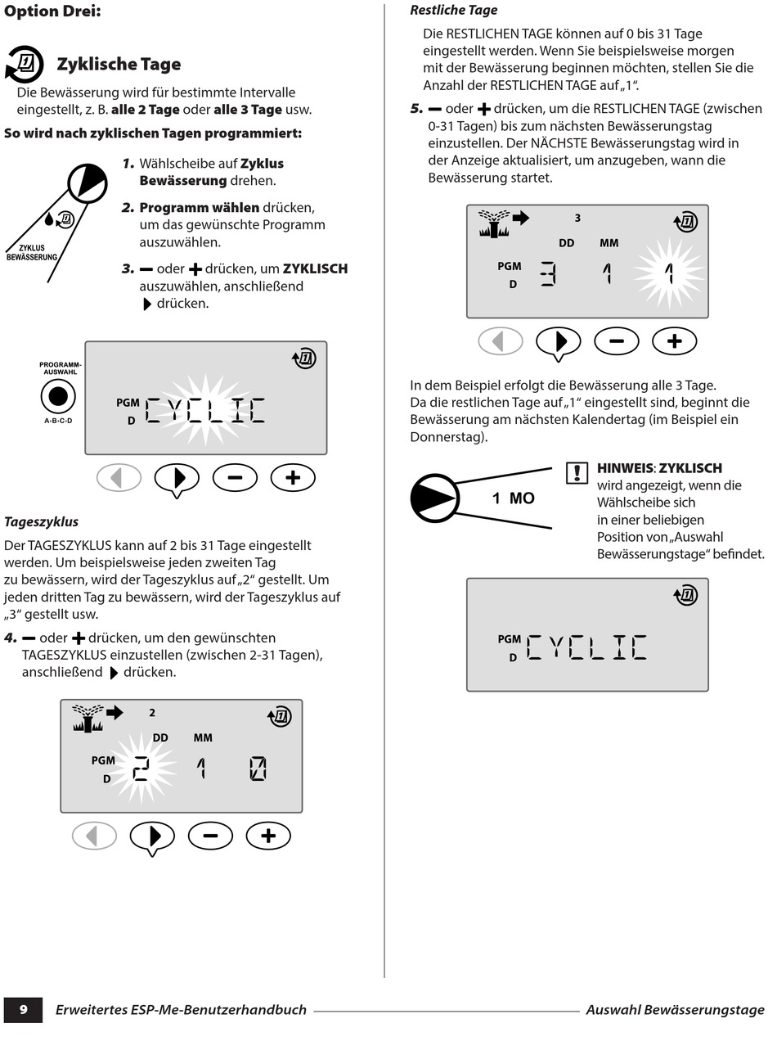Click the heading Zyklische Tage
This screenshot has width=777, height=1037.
[x=119, y=65]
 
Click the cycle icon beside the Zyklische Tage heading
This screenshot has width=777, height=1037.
[x=25, y=65]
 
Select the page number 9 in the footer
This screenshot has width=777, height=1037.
[x=23, y=1009]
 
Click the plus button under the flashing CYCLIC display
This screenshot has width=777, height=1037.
[x=293, y=478]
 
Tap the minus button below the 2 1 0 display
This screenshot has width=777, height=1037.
[x=210, y=836]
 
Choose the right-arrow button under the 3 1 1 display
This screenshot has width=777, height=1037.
[x=559, y=341]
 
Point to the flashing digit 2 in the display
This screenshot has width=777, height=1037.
[x=141, y=768]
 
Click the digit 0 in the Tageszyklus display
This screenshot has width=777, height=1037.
[x=258, y=769]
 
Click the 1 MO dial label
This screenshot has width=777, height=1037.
[x=513, y=498]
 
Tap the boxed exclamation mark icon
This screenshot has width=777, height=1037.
[x=577, y=473]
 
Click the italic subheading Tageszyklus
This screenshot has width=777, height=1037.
[x=41, y=521]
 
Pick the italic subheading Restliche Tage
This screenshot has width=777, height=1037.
[x=453, y=11]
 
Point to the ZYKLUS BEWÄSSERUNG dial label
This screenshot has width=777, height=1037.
[x=32, y=252]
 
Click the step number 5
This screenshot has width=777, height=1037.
[x=416, y=108]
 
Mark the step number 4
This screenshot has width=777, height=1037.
[x=10, y=638]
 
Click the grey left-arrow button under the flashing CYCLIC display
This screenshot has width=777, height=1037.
[x=119, y=478]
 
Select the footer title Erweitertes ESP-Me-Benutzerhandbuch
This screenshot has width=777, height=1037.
[x=181, y=1010]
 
